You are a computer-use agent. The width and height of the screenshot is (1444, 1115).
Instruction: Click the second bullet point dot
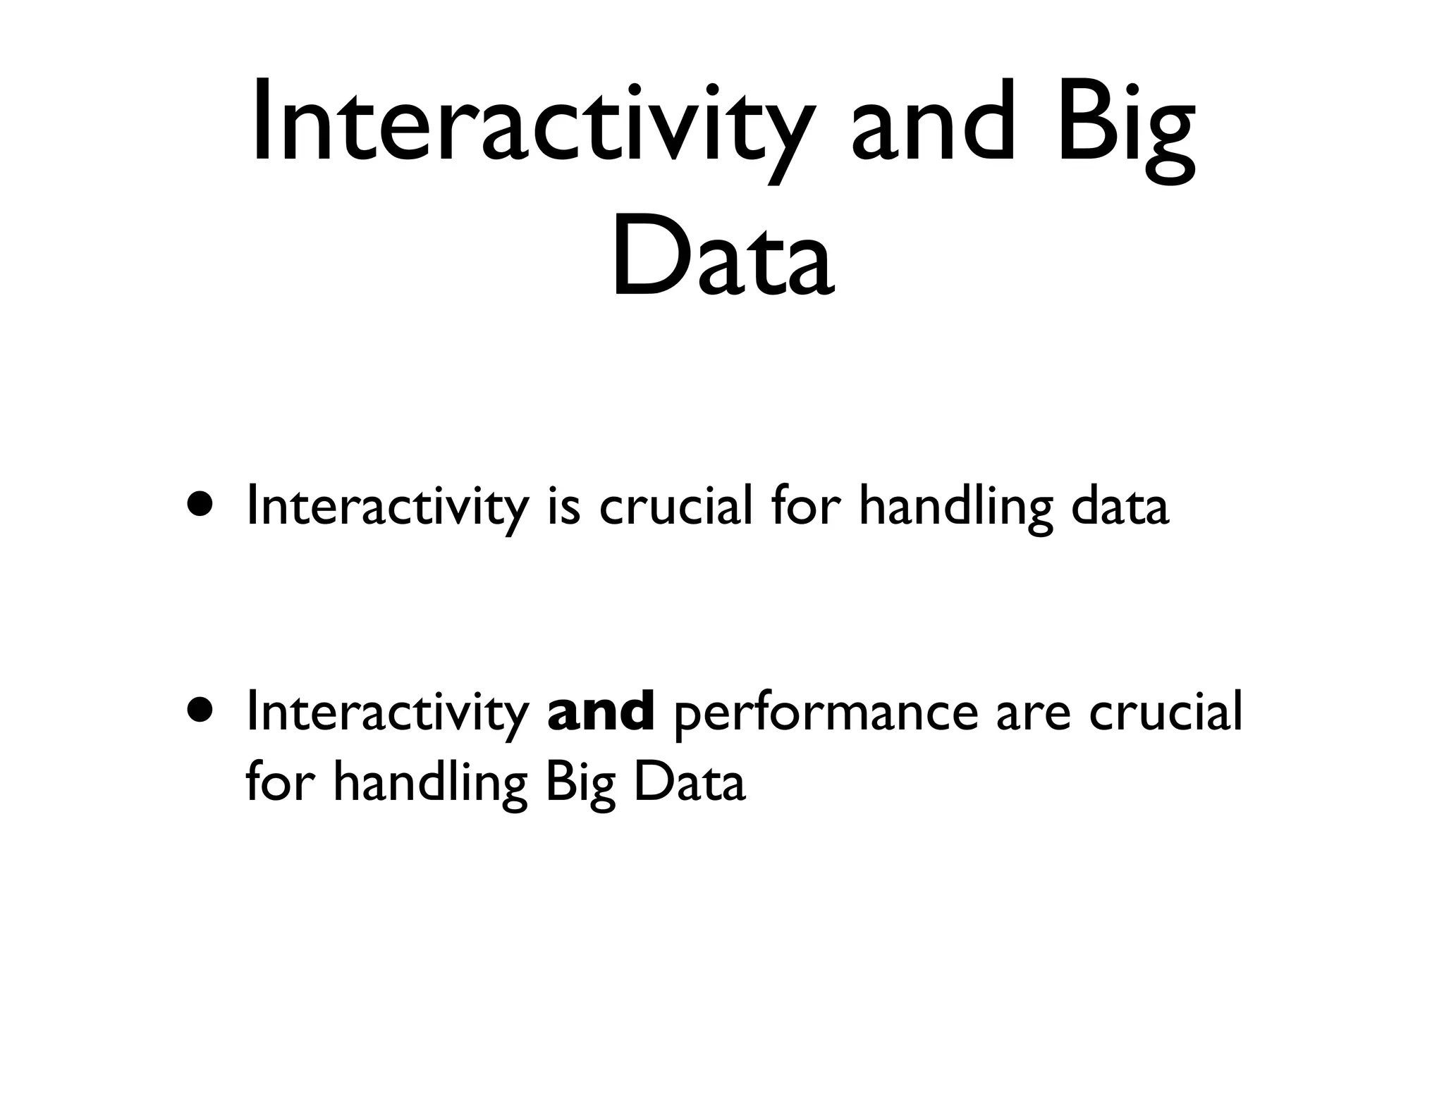(x=200, y=710)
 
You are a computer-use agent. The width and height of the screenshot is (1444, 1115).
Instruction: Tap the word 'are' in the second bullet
(x=1032, y=713)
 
